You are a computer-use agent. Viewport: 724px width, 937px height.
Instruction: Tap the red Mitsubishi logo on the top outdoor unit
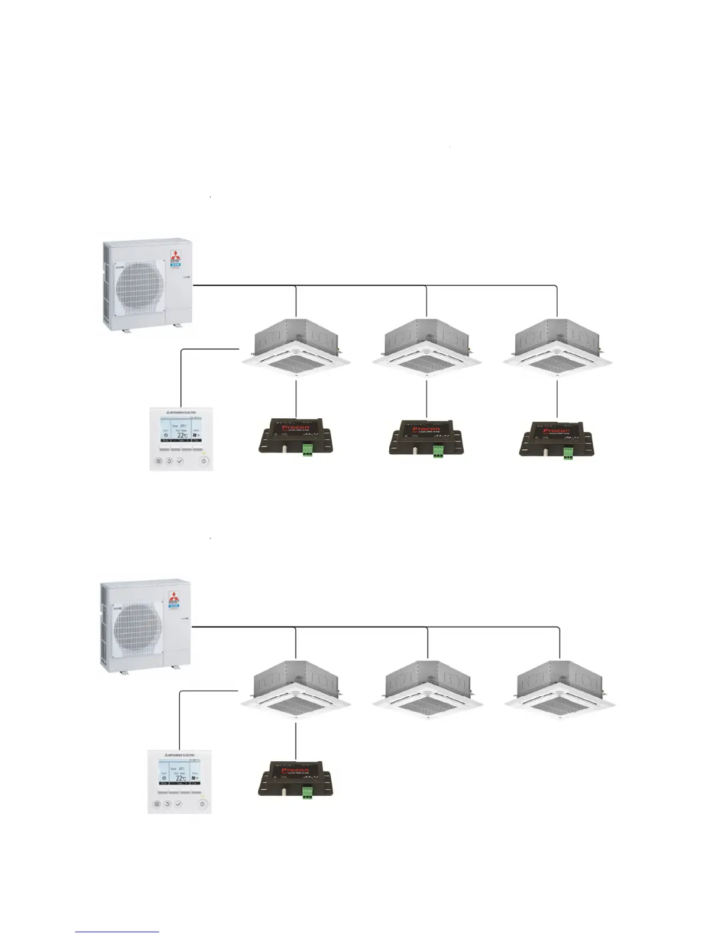175,257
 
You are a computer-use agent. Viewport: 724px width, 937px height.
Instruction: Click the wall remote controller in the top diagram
180,437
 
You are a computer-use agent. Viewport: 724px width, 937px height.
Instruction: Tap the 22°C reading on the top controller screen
182,435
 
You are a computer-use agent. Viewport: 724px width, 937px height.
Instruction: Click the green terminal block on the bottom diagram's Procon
307,792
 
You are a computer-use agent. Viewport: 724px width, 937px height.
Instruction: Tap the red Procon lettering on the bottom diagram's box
295,771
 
